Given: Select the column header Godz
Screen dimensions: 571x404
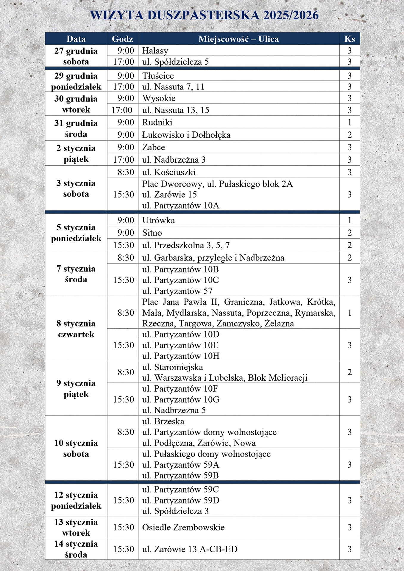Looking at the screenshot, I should coord(122,39).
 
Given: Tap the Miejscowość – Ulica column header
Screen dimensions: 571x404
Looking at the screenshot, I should coord(238,39).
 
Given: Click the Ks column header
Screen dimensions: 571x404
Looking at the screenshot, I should coord(350,39).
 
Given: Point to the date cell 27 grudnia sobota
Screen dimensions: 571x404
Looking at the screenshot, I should coord(76,56).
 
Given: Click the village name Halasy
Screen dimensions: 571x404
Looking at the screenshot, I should coord(155,51).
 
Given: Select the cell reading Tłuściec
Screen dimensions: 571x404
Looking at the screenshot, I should coord(158,76).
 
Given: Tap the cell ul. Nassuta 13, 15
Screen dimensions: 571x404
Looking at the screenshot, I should coord(176,110).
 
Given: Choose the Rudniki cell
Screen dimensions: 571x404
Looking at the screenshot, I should coord(157,122).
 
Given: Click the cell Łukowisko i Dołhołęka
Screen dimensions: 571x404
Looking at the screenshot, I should coord(186,135).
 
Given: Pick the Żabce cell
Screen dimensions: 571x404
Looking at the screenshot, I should coord(154,147).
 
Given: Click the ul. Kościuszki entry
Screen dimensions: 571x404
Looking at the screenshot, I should coord(169,172).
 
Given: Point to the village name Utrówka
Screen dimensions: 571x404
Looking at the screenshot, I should coord(158,220).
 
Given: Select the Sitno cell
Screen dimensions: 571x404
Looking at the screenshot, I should coord(152,233).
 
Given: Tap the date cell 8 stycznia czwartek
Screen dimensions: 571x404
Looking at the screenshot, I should coord(76,329).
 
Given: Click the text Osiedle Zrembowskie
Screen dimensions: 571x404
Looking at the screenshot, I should coord(183,527).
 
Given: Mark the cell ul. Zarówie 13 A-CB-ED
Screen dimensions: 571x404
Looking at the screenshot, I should coord(190,549).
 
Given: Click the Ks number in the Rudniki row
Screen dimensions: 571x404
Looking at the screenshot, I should coord(350,122).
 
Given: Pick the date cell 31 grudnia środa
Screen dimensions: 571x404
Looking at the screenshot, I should coord(76,128).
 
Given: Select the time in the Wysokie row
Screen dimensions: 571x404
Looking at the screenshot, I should coord(126,98).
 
